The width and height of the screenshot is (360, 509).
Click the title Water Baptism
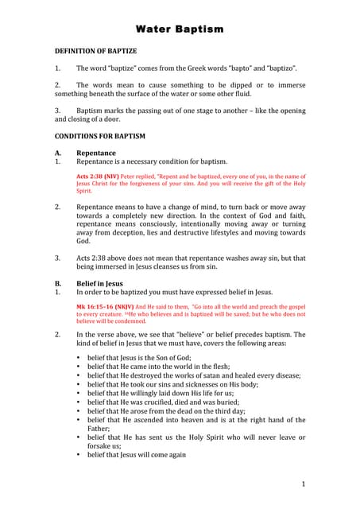(180, 29)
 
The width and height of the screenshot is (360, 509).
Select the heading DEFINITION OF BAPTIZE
(95, 51)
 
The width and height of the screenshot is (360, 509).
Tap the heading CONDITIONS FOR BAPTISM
(99, 136)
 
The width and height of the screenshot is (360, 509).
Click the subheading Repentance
(95, 153)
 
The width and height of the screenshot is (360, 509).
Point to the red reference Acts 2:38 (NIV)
(99, 175)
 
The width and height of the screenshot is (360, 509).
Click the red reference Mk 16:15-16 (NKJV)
(103, 305)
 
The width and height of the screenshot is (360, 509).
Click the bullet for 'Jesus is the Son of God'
(78, 359)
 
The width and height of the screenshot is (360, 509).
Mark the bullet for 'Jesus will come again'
(78, 455)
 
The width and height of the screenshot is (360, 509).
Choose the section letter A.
(57, 153)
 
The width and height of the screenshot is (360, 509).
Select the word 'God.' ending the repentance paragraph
(84, 241)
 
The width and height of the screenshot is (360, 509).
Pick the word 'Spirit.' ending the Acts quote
(84, 191)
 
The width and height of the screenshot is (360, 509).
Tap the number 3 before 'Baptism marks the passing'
(57, 111)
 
